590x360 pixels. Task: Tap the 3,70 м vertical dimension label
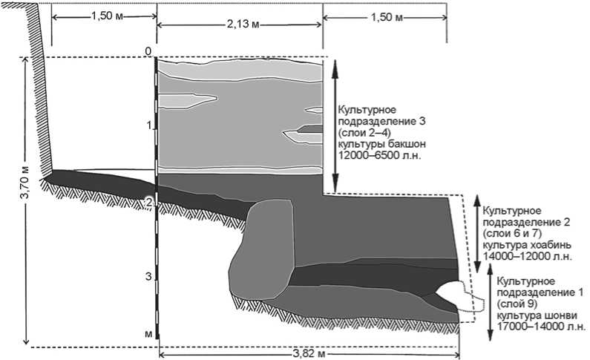point(25,200)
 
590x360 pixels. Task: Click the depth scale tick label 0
point(148,51)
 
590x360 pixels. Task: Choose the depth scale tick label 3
point(148,276)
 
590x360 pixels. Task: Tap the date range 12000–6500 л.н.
point(379,156)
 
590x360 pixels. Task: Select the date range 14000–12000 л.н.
point(527,257)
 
